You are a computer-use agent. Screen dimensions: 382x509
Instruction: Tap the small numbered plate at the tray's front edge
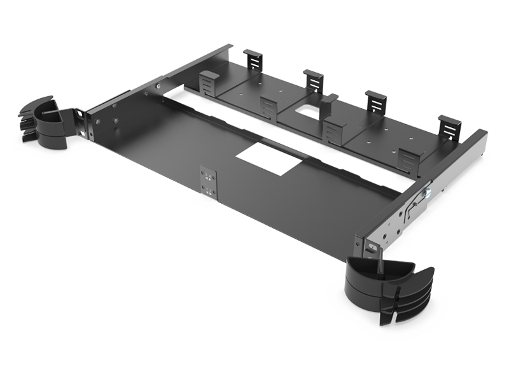point(208,180)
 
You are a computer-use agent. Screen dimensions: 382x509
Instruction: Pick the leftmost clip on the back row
point(254,60)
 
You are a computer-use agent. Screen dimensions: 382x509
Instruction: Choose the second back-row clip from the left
point(312,80)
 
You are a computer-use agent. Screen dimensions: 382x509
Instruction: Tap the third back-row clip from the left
point(375,101)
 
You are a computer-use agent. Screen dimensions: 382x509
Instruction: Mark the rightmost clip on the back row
point(450,125)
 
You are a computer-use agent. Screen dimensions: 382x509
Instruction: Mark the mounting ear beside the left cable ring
point(80,119)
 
